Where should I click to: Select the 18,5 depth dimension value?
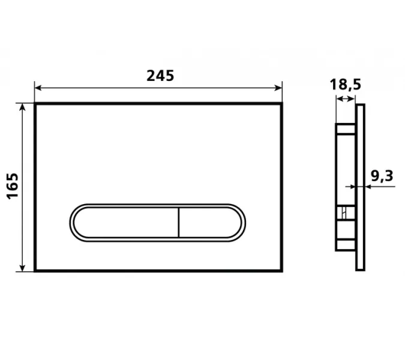click(344, 85)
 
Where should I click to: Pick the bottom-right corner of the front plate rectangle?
click(282, 271)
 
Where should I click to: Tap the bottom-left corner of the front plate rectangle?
click(35, 271)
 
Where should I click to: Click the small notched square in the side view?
click(345, 213)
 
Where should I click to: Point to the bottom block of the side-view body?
click(344, 243)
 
